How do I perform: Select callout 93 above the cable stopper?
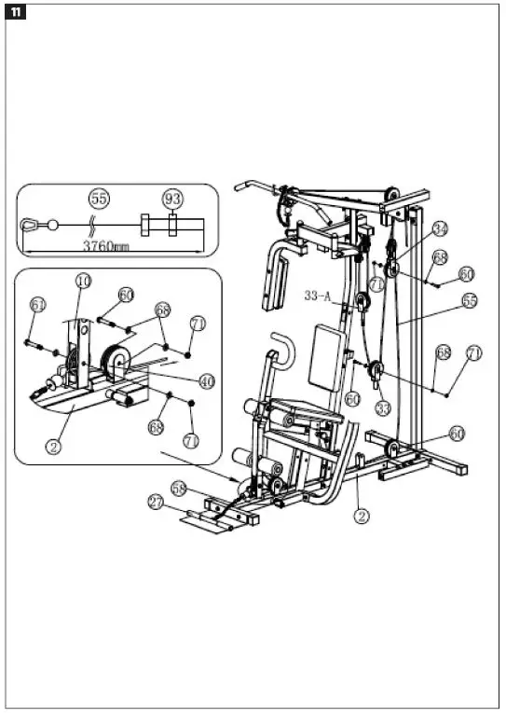pos(172,199)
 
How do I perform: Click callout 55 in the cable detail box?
pos(98,199)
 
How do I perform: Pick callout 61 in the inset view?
pos(37,305)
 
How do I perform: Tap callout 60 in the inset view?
pos(126,295)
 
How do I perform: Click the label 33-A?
pos(319,296)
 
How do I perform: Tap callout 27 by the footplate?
pos(157,503)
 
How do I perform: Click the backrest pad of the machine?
pos(327,354)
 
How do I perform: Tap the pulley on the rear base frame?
pos(392,449)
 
